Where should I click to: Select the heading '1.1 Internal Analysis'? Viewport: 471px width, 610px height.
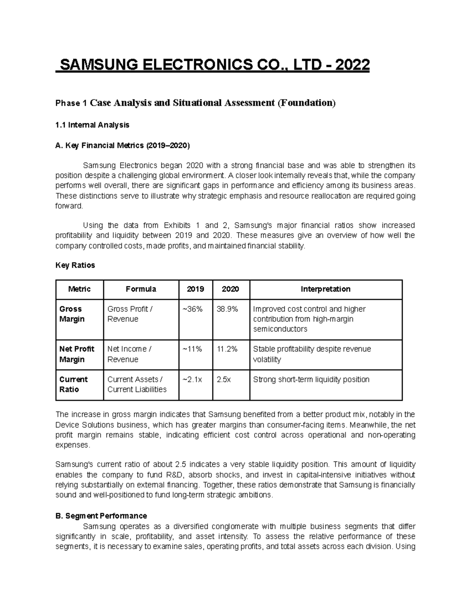tap(92, 125)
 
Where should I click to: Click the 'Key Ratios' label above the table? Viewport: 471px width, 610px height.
tap(75, 265)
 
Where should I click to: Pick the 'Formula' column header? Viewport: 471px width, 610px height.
tap(141, 289)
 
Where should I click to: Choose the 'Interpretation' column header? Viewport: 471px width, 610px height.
tap(325, 289)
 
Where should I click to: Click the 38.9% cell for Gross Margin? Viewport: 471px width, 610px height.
tap(227, 309)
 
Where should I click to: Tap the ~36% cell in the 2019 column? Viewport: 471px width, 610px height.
tap(192, 309)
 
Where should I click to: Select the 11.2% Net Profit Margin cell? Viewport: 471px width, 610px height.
tap(227, 349)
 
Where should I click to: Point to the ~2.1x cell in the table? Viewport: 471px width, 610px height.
tap(192, 379)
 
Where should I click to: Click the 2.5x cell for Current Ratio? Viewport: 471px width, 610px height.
tap(224, 379)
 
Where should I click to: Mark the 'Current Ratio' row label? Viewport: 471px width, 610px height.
tap(73, 385)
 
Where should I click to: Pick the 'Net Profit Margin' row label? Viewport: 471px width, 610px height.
tap(77, 354)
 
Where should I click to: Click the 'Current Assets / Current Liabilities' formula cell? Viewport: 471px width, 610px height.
tap(137, 385)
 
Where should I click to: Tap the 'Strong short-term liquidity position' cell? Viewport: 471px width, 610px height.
tap(311, 379)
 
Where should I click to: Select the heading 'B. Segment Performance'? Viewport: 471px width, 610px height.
tap(101, 516)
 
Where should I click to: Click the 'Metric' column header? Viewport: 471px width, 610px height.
tap(79, 289)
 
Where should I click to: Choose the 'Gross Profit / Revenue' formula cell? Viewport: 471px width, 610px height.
tap(130, 314)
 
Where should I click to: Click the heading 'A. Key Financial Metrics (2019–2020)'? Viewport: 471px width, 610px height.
tap(122, 146)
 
